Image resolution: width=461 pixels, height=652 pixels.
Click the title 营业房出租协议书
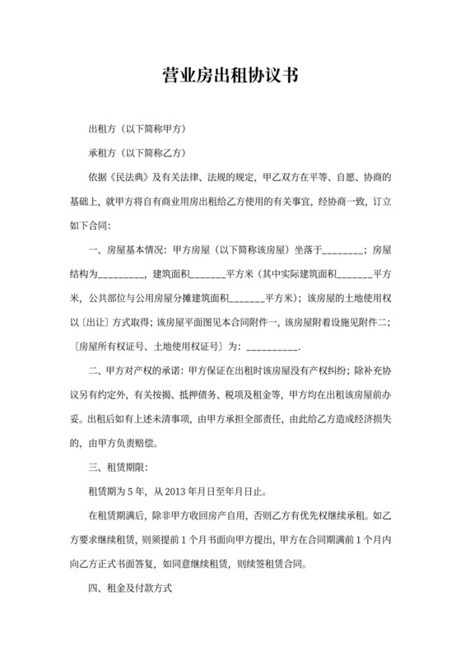230,77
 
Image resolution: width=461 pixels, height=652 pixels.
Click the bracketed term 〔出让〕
95,320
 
